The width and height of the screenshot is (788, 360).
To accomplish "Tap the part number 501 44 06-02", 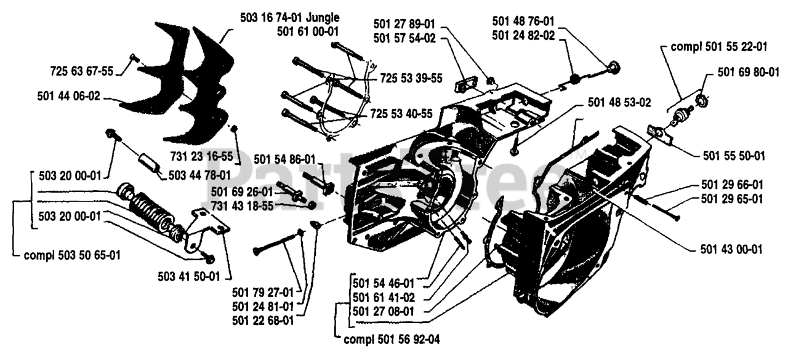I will click(x=68, y=96).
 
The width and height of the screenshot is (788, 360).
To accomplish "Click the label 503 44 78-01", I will click(x=199, y=175).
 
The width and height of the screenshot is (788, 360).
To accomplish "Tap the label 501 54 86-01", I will click(x=284, y=159).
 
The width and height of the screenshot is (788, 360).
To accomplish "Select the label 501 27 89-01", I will click(x=404, y=25).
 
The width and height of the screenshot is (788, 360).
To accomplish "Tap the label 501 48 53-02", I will click(x=619, y=102).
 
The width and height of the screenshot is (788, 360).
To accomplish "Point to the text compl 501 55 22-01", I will click(x=719, y=46).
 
